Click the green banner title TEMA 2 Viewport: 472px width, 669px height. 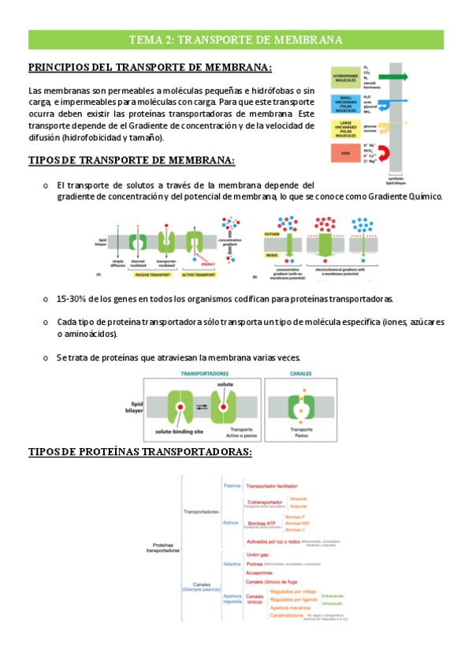pyautogui.click(x=236, y=40)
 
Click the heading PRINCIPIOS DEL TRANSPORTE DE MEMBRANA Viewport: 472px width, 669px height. pyautogui.click(x=150, y=68)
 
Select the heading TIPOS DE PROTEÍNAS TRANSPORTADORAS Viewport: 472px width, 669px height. pyautogui.click(x=139, y=451)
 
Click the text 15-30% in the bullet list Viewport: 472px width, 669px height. pyautogui.click(x=76, y=300)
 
